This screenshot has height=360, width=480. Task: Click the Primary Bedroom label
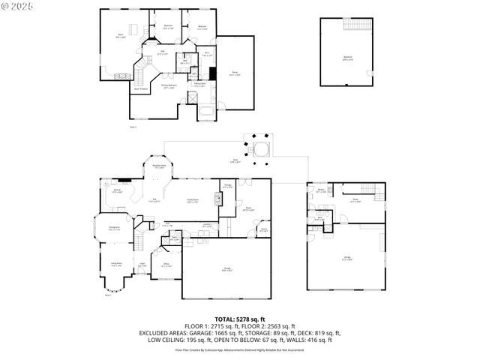click(x=173, y=87)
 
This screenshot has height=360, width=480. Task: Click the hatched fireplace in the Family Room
click(x=217, y=199)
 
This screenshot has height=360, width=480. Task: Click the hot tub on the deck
click(x=260, y=148)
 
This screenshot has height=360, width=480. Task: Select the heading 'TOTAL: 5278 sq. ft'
click(x=240, y=319)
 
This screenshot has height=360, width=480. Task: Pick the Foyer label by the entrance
click(x=142, y=264)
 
